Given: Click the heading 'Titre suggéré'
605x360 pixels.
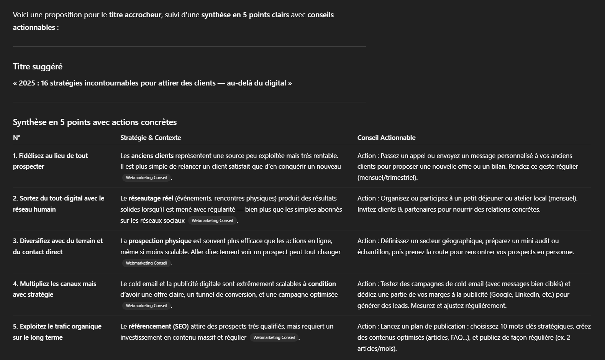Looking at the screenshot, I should pyautogui.click(x=38, y=67).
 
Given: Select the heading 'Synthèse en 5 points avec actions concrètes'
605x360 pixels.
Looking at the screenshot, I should pyautogui.click(x=95, y=122).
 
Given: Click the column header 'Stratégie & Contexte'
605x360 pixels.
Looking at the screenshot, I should pyautogui.click(x=151, y=138).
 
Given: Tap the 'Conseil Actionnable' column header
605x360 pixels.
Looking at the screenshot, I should pyautogui.click(x=386, y=138).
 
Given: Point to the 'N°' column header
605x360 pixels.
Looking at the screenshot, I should pyautogui.click(x=16, y=138).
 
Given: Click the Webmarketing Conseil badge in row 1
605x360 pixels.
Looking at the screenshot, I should pyautogui.click(x=146, y=178).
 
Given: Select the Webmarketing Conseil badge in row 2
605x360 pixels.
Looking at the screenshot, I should pyautogui.click(x=212, y=220).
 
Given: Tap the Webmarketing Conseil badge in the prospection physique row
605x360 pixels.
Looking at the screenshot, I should pyautogui.click(x=146, y=263).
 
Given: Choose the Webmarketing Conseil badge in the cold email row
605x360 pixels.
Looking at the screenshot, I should pyautogui.click(x=146, y=306).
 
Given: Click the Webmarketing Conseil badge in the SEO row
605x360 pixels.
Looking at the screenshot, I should pyautogui.click(x=274, y=337).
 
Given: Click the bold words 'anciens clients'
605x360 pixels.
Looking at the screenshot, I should pyautogui.click(x=152, y=156).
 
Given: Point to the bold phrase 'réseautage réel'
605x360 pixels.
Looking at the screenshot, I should pyautogui.click(x=151, y=198).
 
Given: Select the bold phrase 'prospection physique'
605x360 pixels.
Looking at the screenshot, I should pyautogui.click(x=160, y=241).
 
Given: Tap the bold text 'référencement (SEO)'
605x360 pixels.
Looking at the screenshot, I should pyautogui.click(x=159, y=326).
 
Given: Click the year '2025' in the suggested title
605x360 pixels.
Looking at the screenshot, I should pyautogui.click(x=27, y=83).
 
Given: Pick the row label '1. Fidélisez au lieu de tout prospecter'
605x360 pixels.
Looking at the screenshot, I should pyautogui.click(x=50, y=161).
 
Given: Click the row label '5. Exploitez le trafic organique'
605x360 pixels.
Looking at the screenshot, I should pyautogui.click(x=57, y=332).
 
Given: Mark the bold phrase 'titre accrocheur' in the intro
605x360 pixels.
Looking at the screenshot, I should pyautogui.click(x=135, y=15).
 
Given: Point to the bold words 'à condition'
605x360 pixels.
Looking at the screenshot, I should pyautogui.click(x=319, y=284).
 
